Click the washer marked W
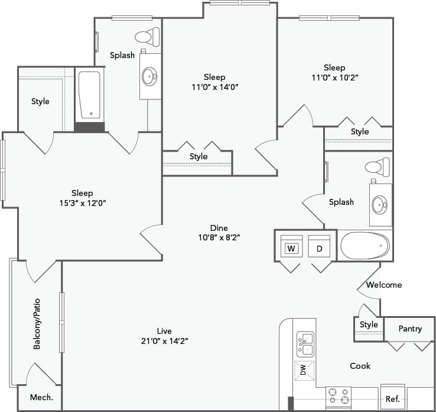pyautogui.click(x=291, y=249)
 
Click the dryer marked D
pyautogui.click(x=319, y=249)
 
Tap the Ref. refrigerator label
pyautogui.click(x=393, y=400)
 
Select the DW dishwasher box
pyautogui.click(x=304, y=371)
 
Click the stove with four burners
pyautogui.click(x=339, y=396)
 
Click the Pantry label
pyautogui.click(x=410, y=329)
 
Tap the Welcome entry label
pyautogui.click(x=384, y=285)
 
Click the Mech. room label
pyautogui.click(x=41, y=397)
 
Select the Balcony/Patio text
pyautogui.click(x=37, y=323)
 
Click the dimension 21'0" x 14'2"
pyautogui.click(x=164, y=340)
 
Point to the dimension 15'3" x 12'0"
pyautogui.click(x=82, y=202)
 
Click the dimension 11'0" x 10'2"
pyautogui.click(x=334, y=77)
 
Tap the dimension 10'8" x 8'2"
pyautogui.click(x=219, y=237)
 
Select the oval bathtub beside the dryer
pyautogui.click(x=365, y=244)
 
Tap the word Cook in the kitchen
pyautogui.click(x=360, y=366)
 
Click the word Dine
pyautogui.click(x=219, y=228)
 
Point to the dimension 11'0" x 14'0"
pyautogui.click(x=214, y=86)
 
